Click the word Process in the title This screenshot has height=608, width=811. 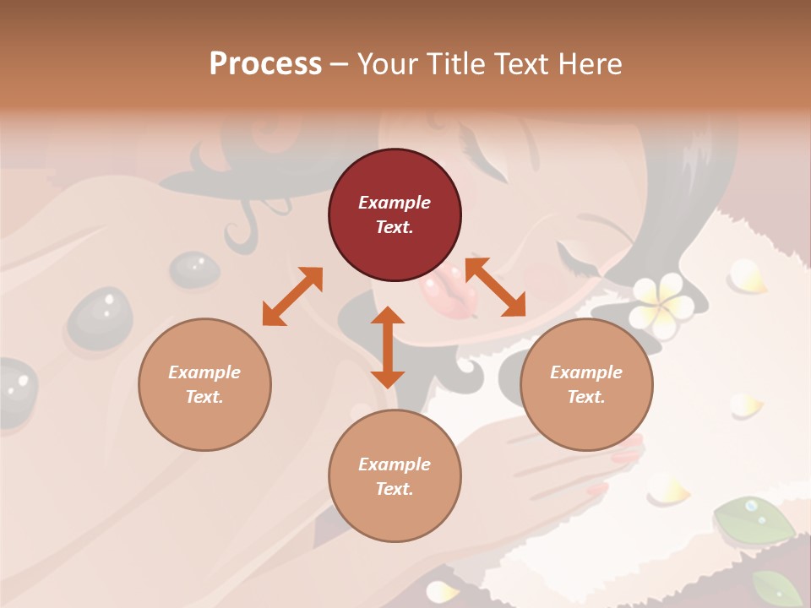pyautogui.click(x=265, y=64)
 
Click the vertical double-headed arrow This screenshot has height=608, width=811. pyautogui.click(x=388, y=347)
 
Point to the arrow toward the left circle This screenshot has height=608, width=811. pyautogui.click(x=292, y=296)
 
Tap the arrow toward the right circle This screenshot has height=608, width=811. pyautogui.click(x=496, y=287)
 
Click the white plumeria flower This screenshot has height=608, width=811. pyautogui.click(x=664, y=301)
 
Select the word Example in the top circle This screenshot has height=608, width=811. pyautogui.click(x=395, y=203)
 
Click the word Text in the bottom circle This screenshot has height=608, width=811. pyautogui.click(x=395, y=489)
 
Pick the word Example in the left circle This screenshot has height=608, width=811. pyautogui.click(x=204, y=372)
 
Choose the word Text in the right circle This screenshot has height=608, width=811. pyautogui.click(x=586, y=397)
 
